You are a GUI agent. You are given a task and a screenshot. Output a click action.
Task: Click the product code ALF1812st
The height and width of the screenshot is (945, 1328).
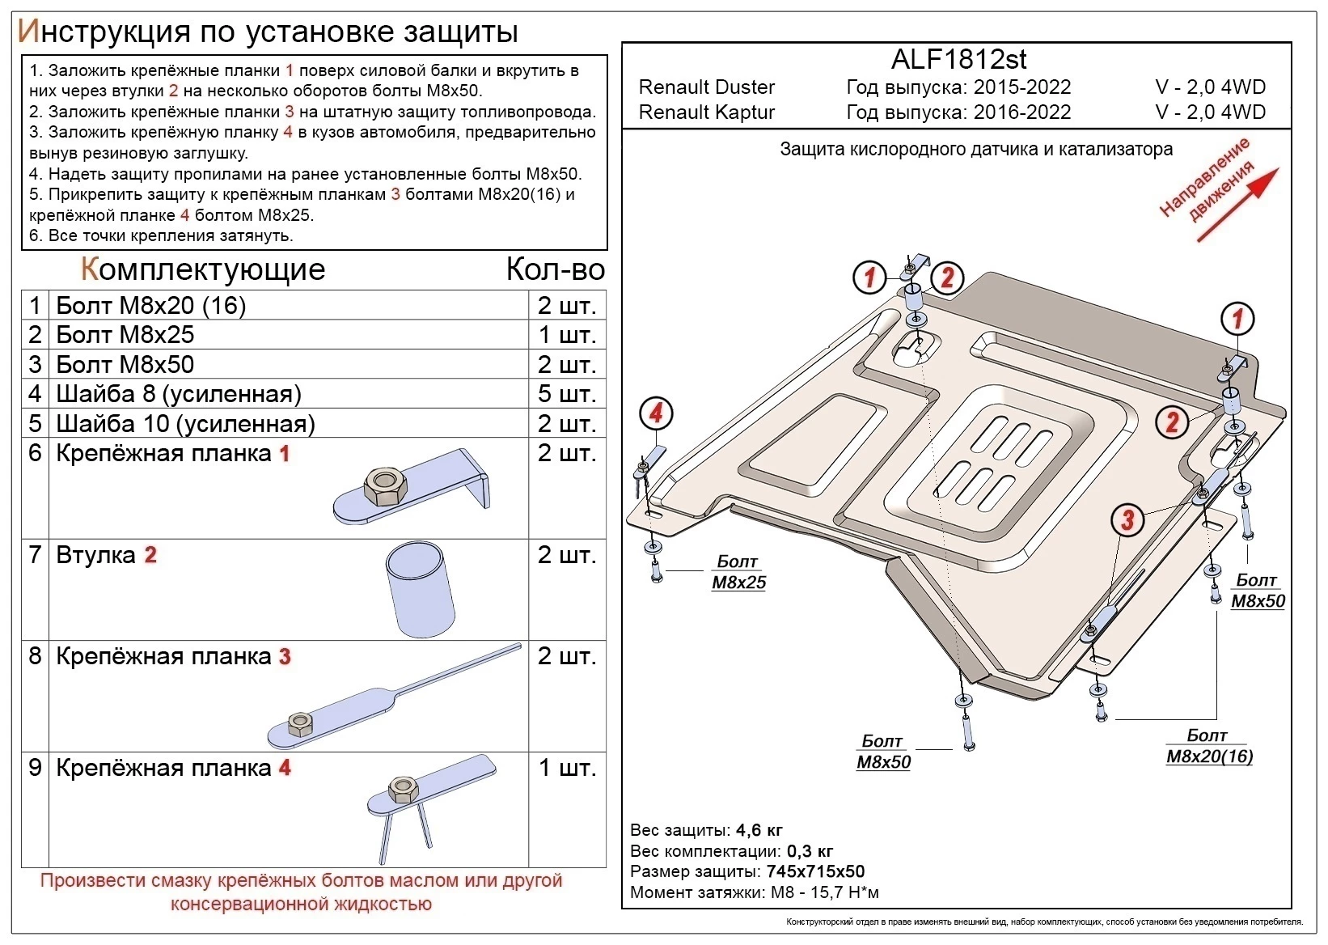click(958, 59)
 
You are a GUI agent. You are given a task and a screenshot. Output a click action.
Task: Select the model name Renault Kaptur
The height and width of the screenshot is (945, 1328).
click(706, 112)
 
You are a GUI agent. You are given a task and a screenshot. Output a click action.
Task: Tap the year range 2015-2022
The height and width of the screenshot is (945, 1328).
click(1021, 87)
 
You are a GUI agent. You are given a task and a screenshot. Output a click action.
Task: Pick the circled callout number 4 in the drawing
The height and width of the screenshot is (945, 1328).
click(655, 414)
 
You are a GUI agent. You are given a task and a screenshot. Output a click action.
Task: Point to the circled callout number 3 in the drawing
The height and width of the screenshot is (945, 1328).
click(1127, 519)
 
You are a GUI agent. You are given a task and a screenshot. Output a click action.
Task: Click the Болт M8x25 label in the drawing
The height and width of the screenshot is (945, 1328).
click(738, 572)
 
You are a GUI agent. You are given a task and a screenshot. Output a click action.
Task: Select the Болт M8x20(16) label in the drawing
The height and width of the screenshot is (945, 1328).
click(1208, 746)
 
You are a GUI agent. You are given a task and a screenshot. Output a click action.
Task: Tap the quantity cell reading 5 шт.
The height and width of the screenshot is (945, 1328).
click(566, 394)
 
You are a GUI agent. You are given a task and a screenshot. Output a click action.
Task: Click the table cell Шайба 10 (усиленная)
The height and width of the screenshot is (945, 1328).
click(185, 424)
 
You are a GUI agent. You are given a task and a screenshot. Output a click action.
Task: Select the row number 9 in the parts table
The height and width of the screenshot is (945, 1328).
click(35, 767)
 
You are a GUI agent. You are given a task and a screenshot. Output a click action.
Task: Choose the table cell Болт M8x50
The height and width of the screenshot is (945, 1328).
click(125, 364)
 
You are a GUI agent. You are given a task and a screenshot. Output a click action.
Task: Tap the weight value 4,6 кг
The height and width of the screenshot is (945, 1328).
click(759, 830)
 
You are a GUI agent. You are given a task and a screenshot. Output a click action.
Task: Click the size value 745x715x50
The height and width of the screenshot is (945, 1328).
click(814, 871)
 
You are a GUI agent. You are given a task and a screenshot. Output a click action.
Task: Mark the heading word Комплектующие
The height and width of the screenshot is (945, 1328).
click(203, 269)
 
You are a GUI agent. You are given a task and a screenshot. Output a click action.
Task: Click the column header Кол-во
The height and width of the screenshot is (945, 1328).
click(555, 269)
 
